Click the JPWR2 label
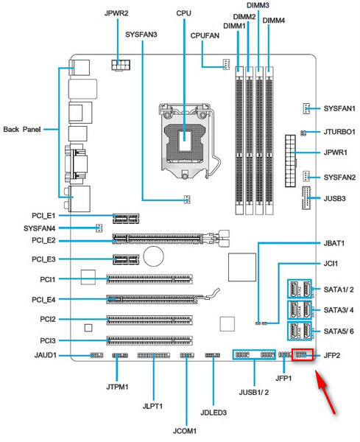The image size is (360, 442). tap(116, 13)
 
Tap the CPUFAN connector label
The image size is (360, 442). tap(205, 36)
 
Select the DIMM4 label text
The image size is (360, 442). tap(274, 21)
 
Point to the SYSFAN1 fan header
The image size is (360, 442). tap(306, 108)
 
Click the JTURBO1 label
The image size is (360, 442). tap(339, 132)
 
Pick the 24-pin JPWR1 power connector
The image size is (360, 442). tap(290, 161)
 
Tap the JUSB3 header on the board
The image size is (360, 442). tap(306, 198)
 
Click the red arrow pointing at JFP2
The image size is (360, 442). tap(325, 392)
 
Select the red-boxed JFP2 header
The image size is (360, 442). tap(303, 354)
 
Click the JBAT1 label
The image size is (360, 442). tap(334, 243)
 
